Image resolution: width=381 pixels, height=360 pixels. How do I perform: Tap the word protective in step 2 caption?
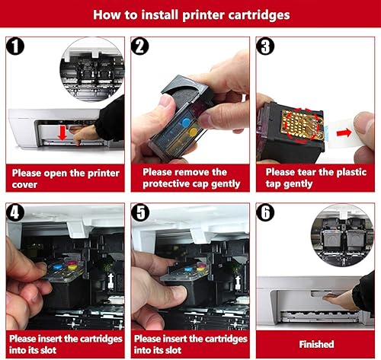click(165, 186)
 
